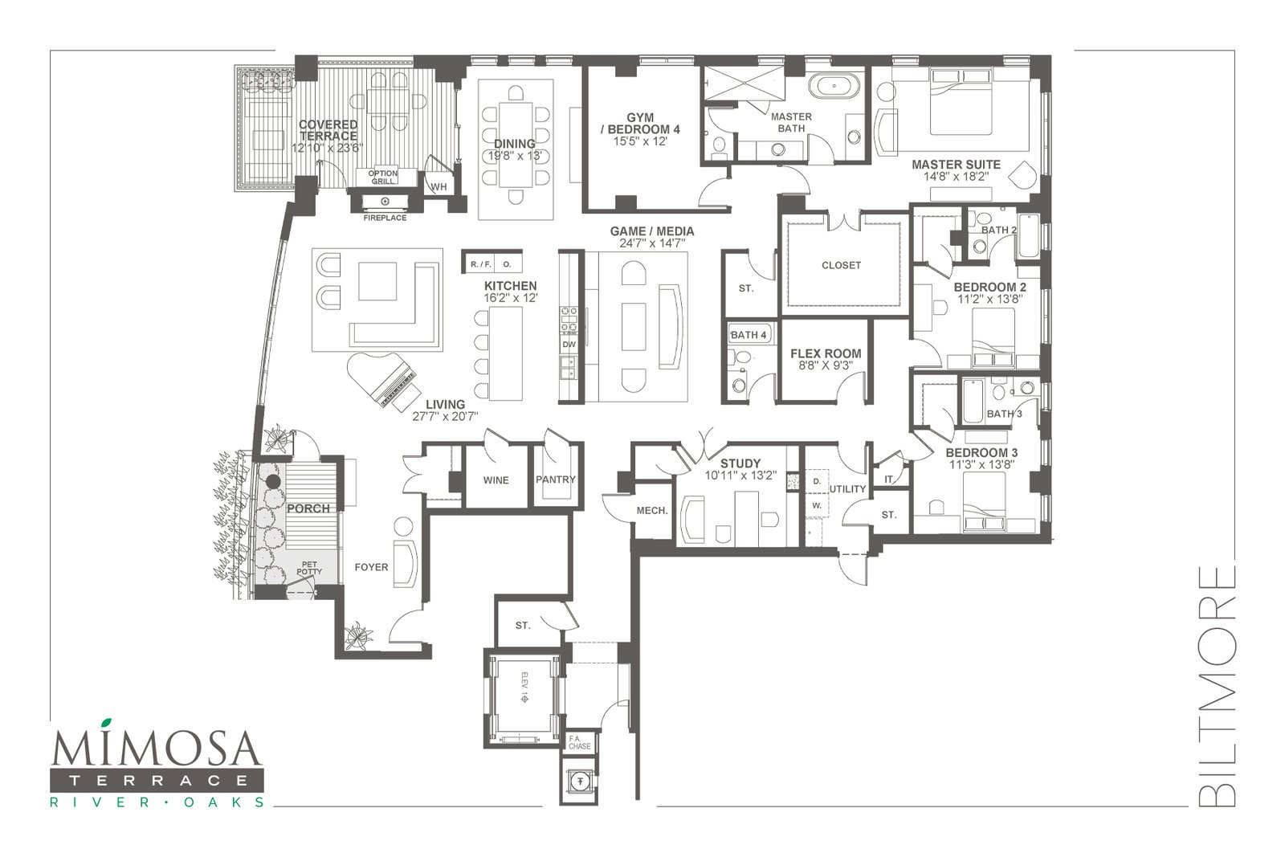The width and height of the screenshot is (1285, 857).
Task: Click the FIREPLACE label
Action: [385, 218]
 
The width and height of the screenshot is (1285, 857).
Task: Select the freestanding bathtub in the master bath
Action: [834, 88]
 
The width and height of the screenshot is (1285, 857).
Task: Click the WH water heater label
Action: [439, 187]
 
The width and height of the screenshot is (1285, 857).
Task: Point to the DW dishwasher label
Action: [569, 345]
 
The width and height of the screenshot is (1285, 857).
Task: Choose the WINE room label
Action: [496, 480]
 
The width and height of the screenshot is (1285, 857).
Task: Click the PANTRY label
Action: [555, 480]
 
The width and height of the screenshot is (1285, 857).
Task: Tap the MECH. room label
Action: [651, 511]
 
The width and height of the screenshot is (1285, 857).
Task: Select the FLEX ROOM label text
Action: [826, 354]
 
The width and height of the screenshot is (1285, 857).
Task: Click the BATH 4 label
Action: [748, 335]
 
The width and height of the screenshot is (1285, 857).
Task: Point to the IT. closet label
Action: [888, 479]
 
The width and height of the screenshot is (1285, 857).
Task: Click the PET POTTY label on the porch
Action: [308, 568]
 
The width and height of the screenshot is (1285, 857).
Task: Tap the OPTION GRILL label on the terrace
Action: [382, 178]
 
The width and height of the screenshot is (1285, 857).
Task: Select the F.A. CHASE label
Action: [579, 743]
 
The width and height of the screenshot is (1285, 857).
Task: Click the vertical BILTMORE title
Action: [1217, 686]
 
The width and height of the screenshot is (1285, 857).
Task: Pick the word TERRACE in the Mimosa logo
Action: [157, 781]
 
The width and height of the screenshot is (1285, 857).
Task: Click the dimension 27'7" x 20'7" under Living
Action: [445, 417]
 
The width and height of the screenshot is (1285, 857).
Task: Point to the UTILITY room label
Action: [847, 488]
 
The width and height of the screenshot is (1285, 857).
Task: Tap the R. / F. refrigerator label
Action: [481, 264]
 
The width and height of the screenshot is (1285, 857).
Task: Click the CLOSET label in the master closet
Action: [841, 265]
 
